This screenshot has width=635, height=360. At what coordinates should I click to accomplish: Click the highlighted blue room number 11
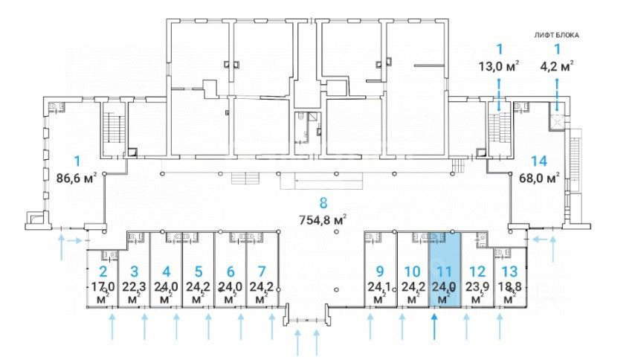[444, 271]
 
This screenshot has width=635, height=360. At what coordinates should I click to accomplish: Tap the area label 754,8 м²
[323, 220]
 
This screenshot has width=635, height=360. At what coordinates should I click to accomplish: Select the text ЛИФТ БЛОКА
[556, 35]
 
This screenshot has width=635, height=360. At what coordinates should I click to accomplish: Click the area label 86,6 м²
[77, 178]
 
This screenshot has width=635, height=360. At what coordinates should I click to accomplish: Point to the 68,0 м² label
[539, 178]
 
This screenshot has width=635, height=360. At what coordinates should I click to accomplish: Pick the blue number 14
[539, 161]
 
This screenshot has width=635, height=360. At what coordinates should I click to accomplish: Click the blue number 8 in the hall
[323, 203]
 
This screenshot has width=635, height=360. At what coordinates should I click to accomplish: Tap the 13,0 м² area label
[499, 66]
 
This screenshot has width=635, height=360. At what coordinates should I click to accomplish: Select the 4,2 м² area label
[557, 66]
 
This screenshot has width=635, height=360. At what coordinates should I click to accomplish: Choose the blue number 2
[103, 271]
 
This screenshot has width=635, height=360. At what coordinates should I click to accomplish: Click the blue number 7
[262, 271]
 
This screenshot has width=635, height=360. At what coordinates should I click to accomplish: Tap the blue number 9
[379, 271]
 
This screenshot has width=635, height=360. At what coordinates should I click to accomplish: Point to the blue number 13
[509, 271]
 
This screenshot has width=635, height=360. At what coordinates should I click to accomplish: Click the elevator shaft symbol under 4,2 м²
[557, 120]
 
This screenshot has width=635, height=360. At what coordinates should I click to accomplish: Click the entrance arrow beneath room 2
[112, 327]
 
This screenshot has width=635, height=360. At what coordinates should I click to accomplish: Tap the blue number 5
[198, 271]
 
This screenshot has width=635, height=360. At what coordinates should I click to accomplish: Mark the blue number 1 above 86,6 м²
[77, 161]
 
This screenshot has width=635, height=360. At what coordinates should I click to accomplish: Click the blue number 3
[135, 271]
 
